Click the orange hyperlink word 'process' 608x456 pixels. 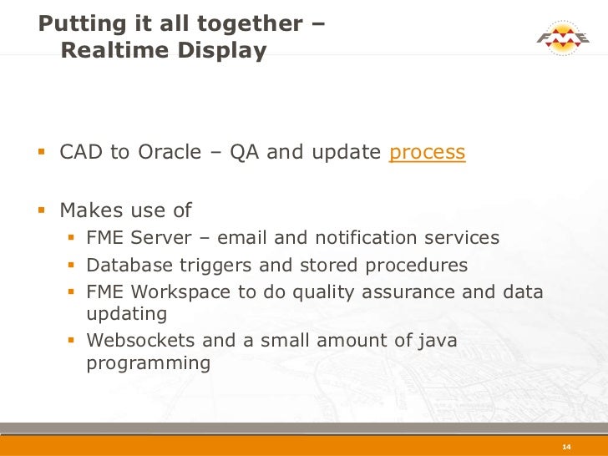(x=427, y=154)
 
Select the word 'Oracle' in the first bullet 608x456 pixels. (x=170, y=153)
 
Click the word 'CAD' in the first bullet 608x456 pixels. (x=81, y=153)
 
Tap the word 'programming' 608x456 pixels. (x=148, y=363)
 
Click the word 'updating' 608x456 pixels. (x=127, y=315)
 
